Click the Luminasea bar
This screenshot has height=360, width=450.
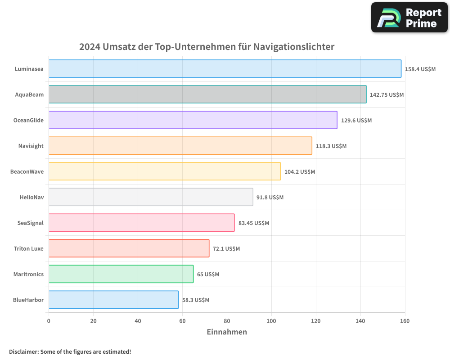coord(225,69)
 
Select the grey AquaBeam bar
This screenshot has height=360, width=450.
coord(207,94)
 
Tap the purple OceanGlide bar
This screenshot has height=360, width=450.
coord(193,120)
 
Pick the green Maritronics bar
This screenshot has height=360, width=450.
coord(121,274)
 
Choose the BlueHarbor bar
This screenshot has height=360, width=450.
coord(113,300)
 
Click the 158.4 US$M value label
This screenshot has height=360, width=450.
coord(420,69)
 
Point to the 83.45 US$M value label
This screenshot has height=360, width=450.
coord(254,223)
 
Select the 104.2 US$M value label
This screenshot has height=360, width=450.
coord(300,172)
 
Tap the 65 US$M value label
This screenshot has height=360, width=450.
coord(208,274)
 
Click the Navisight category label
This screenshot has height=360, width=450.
coord(31,146)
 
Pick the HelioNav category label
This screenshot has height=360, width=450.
coord(31,197)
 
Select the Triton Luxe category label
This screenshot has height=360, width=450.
coord(28,248)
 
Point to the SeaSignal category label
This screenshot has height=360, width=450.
coord(30,223)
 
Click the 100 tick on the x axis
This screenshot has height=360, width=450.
coord(271,321)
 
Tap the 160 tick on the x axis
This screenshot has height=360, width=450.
coord(405,321)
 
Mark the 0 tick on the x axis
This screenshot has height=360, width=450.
coord(49,321)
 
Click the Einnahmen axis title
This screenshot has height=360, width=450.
coord(227,332)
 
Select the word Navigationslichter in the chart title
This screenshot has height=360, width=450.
coord(294,47)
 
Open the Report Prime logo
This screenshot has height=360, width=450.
coord(409,18)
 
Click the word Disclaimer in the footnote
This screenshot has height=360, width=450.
coord(23,351)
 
